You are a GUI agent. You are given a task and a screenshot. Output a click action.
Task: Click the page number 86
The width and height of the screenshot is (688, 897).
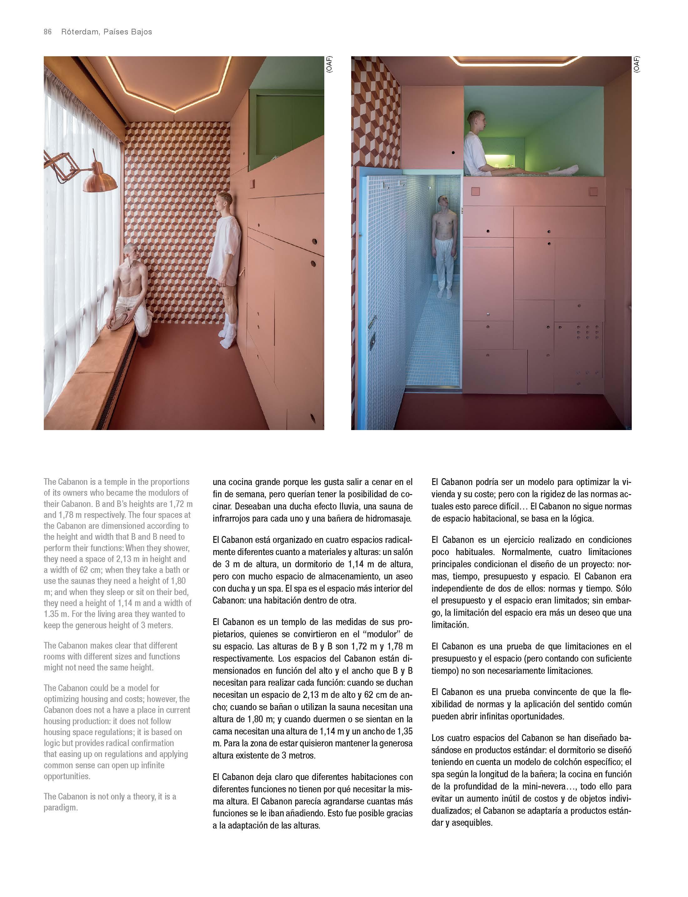48,32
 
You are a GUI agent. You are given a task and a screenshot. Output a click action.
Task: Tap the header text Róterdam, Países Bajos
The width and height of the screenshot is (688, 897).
106,32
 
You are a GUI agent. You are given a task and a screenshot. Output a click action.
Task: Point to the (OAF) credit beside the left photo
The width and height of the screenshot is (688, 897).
329,65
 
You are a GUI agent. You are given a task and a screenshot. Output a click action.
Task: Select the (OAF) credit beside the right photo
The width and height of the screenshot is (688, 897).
636,65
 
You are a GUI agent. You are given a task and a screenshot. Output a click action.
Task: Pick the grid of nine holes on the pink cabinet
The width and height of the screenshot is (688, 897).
587,332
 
